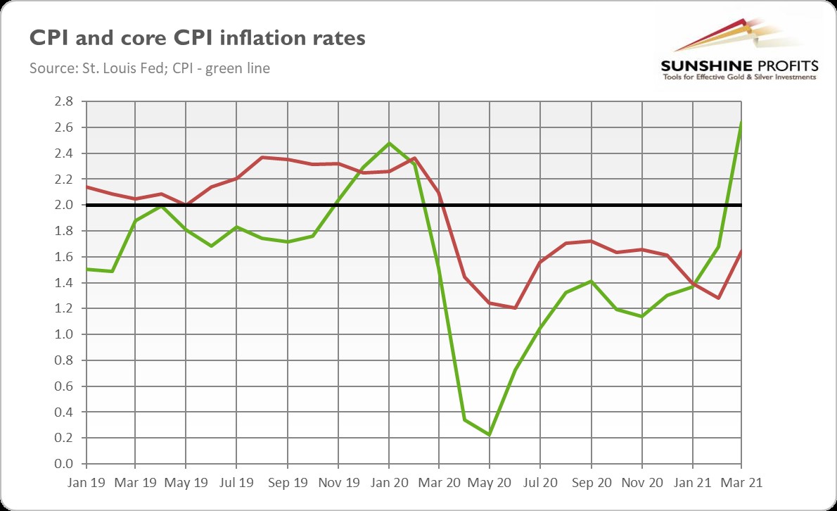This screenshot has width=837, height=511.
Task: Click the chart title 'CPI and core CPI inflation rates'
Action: point(197,38)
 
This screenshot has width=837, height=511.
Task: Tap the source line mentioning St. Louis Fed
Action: point(150,69)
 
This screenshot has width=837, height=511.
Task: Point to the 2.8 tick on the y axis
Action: point(63,101)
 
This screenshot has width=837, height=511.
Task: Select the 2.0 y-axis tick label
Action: point(63,205)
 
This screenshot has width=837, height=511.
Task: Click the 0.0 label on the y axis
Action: point(63,464)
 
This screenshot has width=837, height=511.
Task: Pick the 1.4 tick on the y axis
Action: point(63,283)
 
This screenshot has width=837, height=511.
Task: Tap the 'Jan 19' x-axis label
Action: point(85,484)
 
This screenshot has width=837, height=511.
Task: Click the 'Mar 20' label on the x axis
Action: point(440,484)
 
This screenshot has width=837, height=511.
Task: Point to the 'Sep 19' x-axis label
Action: point(288,484)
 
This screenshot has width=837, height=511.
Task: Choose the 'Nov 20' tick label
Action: point(641,484)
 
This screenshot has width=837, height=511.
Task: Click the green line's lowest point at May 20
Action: point(490,435)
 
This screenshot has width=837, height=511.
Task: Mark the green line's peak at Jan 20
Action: point(388,143)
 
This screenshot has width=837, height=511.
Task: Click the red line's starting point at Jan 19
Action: point(85,187)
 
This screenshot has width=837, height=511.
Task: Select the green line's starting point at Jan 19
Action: point(85,269)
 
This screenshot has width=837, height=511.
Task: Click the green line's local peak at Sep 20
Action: point(591,281)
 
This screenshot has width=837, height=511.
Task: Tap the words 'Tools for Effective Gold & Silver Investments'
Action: point(739,77)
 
